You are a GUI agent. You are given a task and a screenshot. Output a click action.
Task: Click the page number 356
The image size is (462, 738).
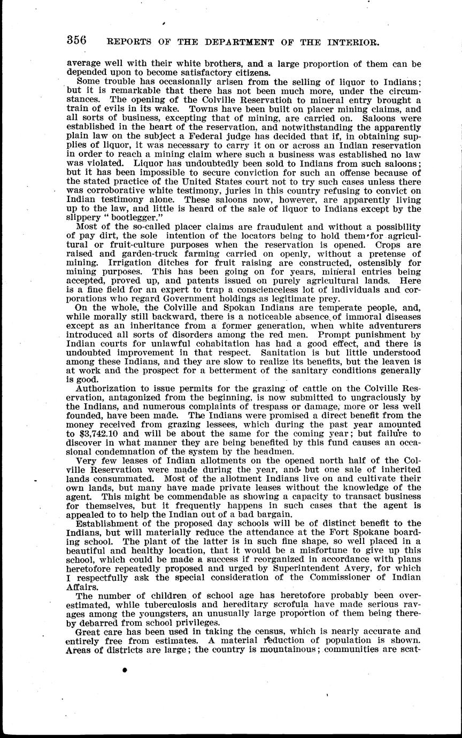77,41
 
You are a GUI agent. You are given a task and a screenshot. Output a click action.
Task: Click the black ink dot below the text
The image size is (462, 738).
125,671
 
